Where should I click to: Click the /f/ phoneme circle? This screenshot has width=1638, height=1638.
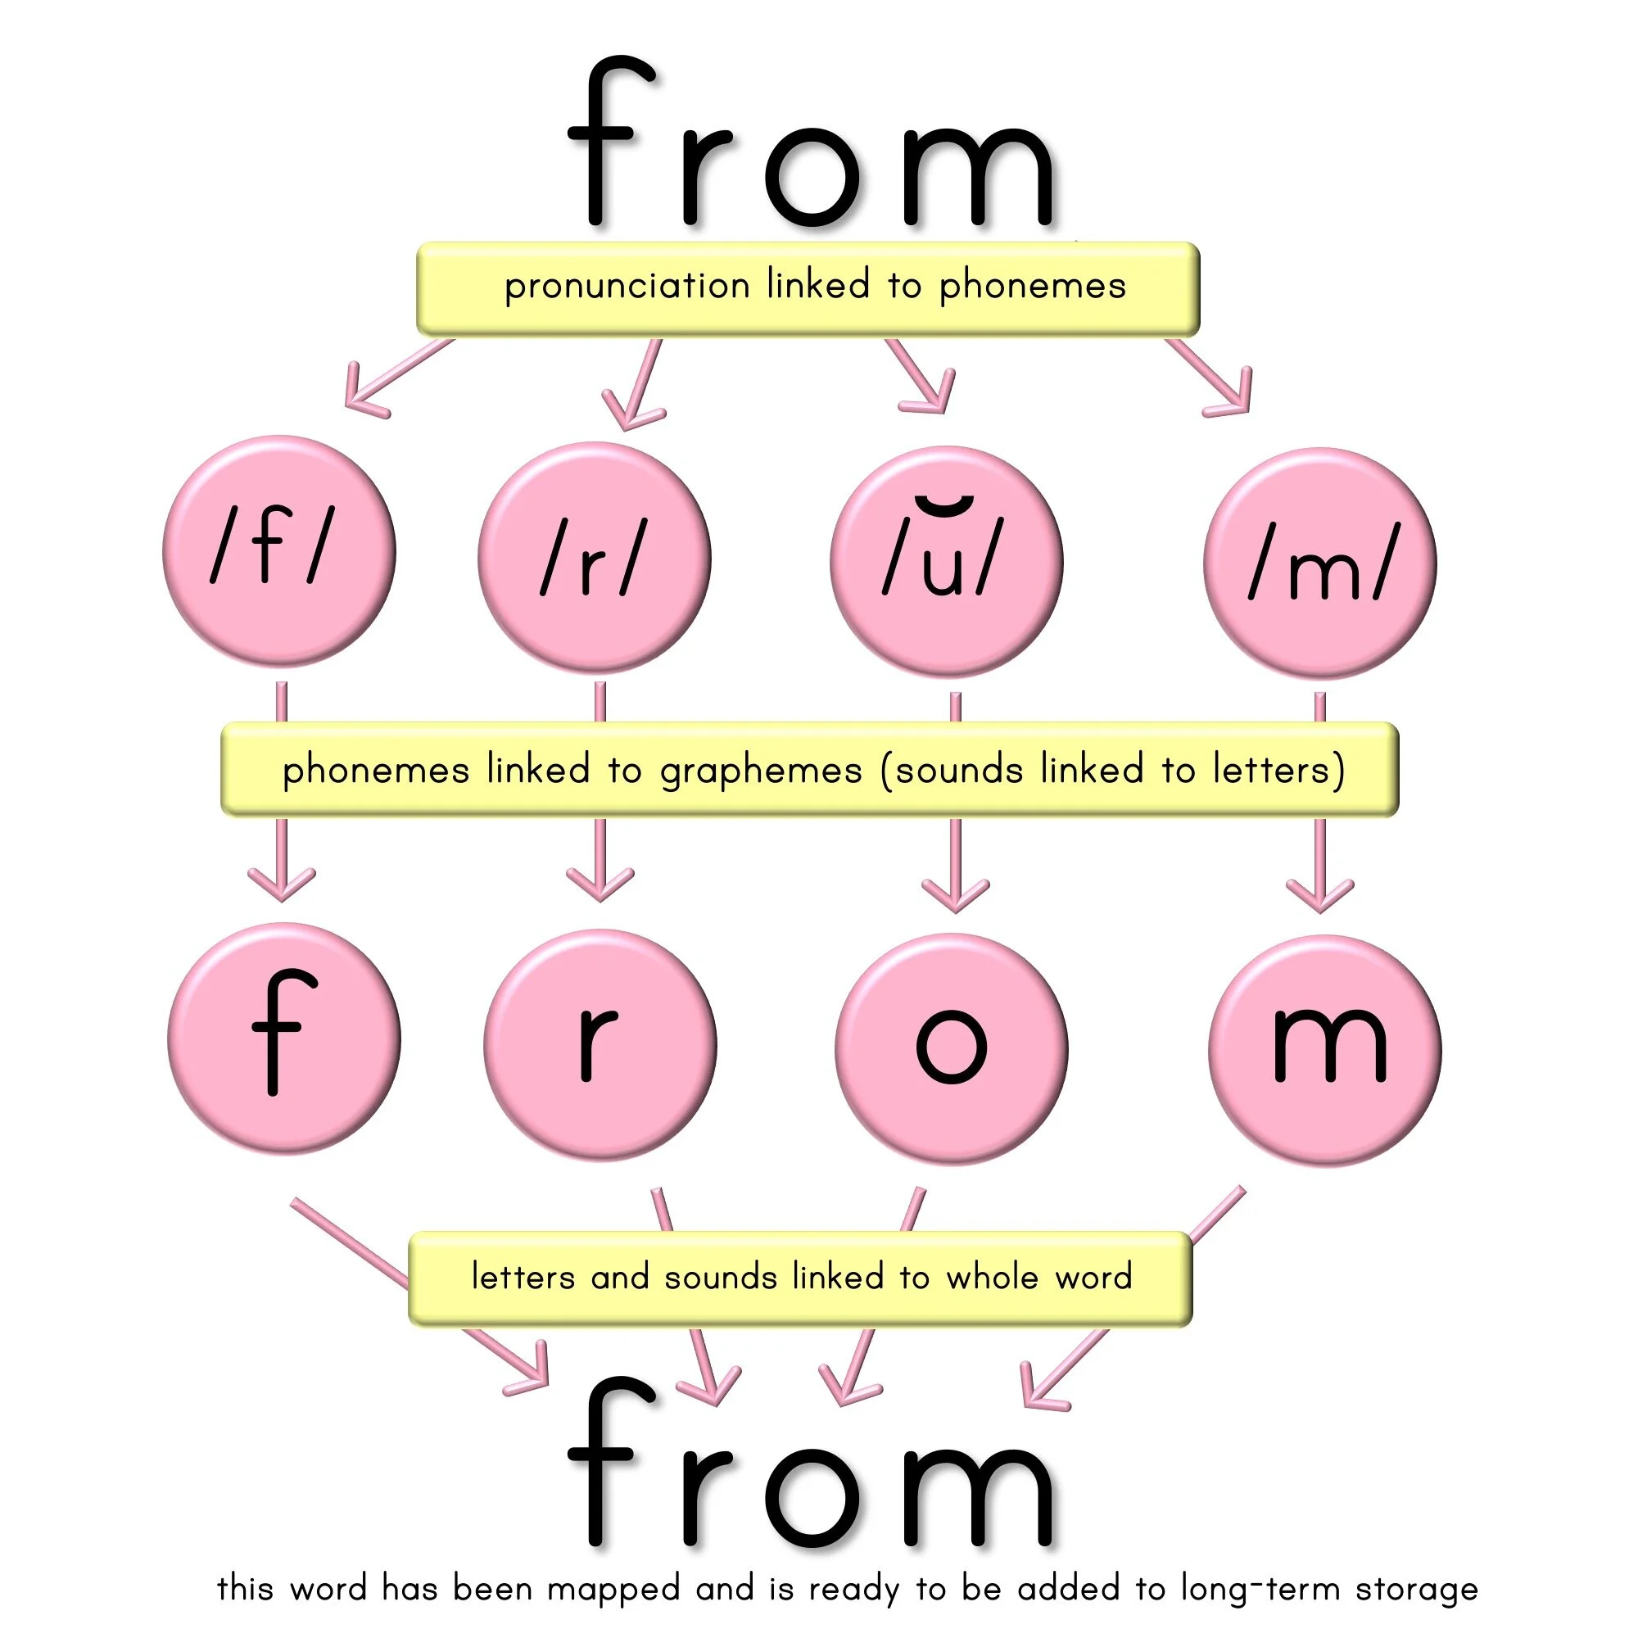point(279,551)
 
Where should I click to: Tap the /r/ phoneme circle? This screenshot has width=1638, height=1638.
point(595,559)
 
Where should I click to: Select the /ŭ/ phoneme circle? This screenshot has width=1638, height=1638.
point(946,562)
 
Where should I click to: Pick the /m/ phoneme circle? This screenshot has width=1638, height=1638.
point(1319,563)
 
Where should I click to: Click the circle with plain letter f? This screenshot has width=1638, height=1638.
point(284,1038)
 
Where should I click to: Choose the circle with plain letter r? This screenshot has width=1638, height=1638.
point(600,1045)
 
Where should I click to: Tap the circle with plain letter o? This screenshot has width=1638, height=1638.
point(951,1049)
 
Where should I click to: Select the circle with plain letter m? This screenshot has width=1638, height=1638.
point(1325,1051)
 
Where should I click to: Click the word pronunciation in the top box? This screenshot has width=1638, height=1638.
point(627,287)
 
